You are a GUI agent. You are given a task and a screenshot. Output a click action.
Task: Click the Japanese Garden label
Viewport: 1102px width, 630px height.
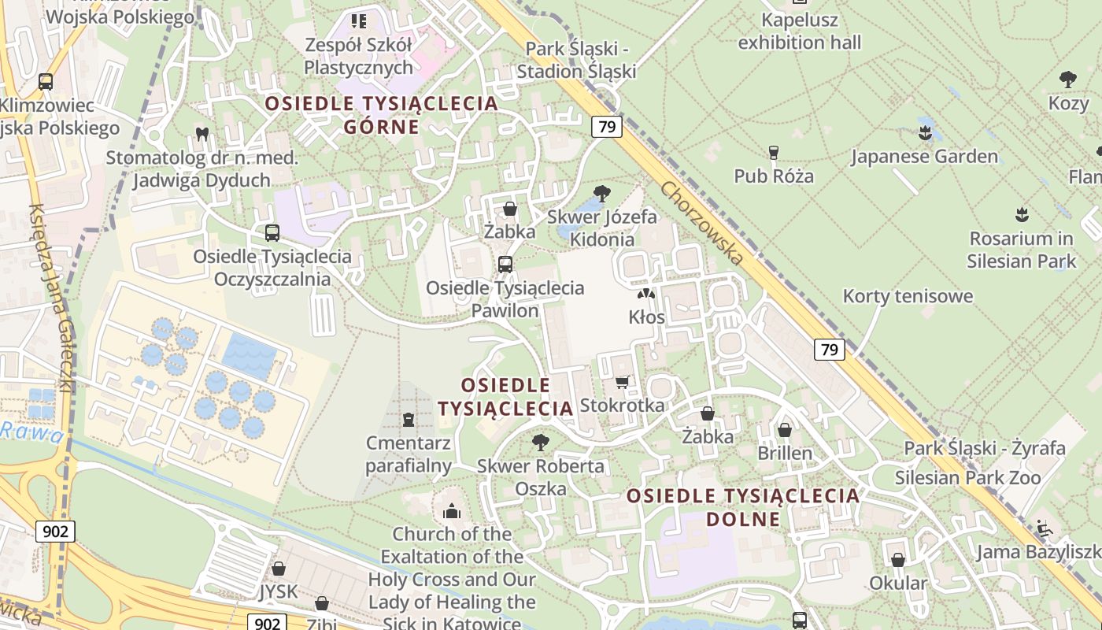924,156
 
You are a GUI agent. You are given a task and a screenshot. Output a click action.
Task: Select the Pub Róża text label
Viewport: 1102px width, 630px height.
774,176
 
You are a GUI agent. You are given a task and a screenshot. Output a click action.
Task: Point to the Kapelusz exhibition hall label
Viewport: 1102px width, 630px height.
800,31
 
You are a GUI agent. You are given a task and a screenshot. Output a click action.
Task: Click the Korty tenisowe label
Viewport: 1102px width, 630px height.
908,296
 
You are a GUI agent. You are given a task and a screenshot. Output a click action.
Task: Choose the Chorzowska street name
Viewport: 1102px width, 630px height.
702,222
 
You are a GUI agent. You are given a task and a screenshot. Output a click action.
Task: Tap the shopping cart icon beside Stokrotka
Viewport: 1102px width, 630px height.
622,382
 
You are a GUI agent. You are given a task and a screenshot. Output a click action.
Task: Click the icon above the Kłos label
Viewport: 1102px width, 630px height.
646,295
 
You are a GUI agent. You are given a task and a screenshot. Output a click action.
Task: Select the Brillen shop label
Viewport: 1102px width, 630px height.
785,454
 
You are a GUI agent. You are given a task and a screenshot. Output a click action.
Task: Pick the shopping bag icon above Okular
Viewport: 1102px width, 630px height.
898,560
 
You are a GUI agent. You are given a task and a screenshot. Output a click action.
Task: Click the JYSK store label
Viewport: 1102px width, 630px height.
278,591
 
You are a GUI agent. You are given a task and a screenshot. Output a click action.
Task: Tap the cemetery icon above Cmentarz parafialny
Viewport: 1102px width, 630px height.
409,419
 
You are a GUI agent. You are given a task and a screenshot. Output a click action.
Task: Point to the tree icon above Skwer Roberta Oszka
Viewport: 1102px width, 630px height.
541,442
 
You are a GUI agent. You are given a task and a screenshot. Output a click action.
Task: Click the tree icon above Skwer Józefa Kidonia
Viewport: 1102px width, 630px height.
601,192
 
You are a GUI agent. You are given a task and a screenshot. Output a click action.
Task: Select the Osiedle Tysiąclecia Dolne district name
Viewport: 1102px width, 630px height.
743,507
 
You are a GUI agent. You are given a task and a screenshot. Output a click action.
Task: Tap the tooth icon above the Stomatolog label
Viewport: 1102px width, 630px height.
202,134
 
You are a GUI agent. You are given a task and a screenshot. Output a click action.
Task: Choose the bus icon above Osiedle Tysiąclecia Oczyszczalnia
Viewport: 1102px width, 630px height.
272,233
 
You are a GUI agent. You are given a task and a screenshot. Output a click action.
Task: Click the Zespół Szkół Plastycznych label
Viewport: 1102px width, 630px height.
358,56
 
